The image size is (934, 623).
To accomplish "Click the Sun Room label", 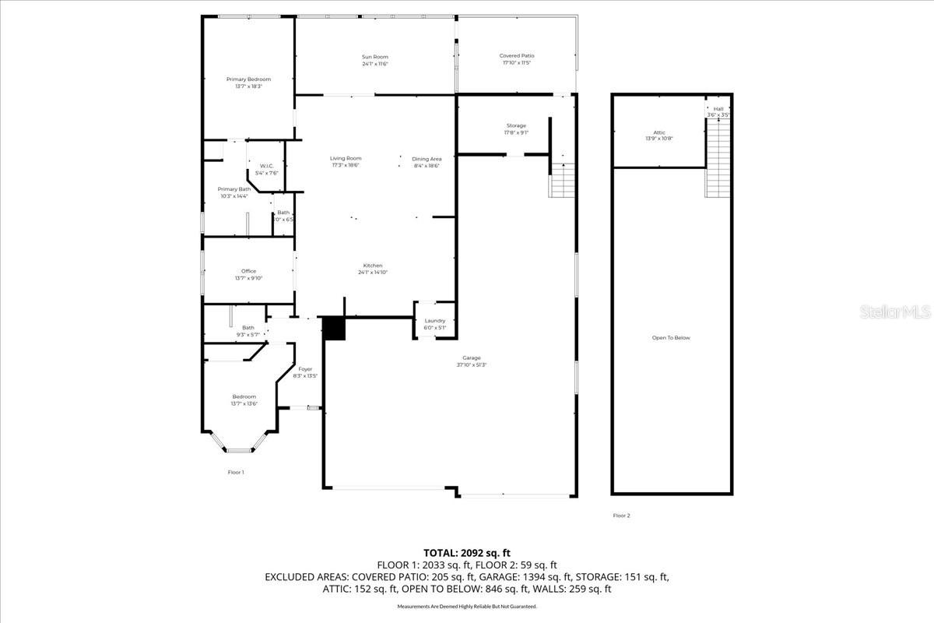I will coord(374,57).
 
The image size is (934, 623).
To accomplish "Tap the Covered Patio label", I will coord(516,55).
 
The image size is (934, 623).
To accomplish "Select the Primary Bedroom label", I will coord(248,79).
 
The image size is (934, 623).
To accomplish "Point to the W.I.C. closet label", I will coord(265,166).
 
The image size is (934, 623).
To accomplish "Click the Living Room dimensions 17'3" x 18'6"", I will coord(346,165).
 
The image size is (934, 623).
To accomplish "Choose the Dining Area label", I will coord(426,159).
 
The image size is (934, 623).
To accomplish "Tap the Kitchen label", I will coord(372,266).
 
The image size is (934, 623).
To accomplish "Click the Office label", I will coord(248,271).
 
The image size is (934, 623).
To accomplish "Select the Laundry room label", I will coord(434,321).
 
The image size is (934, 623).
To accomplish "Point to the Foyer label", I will coord(304,369).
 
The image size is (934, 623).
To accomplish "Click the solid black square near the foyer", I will coord(334,329).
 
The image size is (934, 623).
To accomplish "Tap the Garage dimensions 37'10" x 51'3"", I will coord(471,364).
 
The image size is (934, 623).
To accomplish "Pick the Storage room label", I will coord(516,125).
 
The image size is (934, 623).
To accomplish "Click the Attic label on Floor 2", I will coord(658,132).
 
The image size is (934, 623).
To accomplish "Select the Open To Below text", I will coord(671,338).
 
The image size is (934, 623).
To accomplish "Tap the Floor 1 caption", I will coord(235,472).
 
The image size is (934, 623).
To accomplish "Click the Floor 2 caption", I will coord(621,515).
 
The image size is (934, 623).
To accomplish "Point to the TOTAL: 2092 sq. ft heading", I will coord(466,553).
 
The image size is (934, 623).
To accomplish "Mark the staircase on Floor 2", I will coord(718,159).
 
